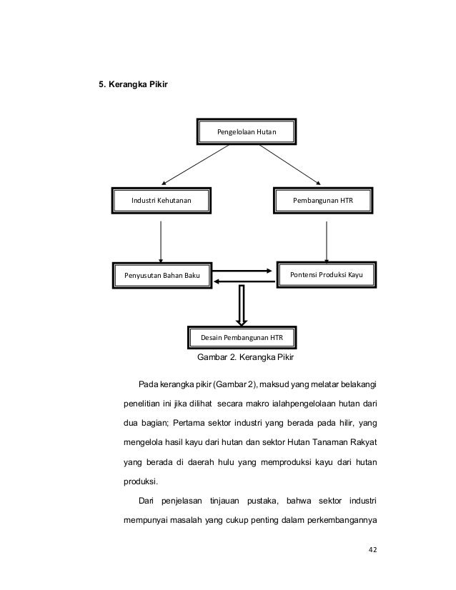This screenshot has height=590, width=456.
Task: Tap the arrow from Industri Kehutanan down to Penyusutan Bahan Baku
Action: pos(161,240)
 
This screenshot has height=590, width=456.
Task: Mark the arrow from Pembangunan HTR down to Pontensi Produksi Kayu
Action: pos(327,240)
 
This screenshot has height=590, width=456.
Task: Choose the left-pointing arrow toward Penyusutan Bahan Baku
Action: pos(243,281)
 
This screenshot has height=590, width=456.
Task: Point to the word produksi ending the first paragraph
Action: pos(142,481)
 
